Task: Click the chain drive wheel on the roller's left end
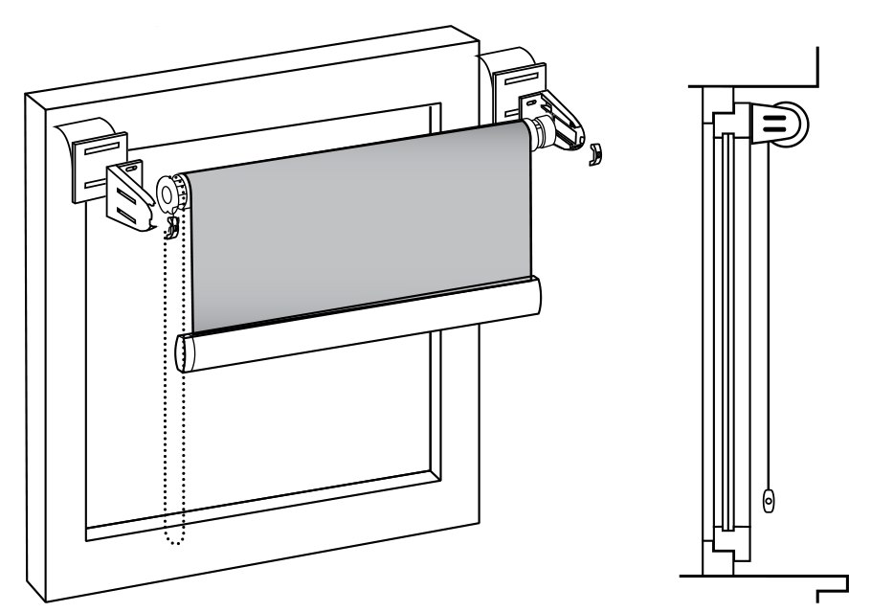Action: pos(172,194)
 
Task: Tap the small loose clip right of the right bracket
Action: pos(594,154)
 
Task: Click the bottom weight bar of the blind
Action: pos(359,325)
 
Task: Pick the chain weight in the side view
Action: pos(768,499)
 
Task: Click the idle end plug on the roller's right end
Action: pos(541,134)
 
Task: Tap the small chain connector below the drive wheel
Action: pos(173,228)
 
